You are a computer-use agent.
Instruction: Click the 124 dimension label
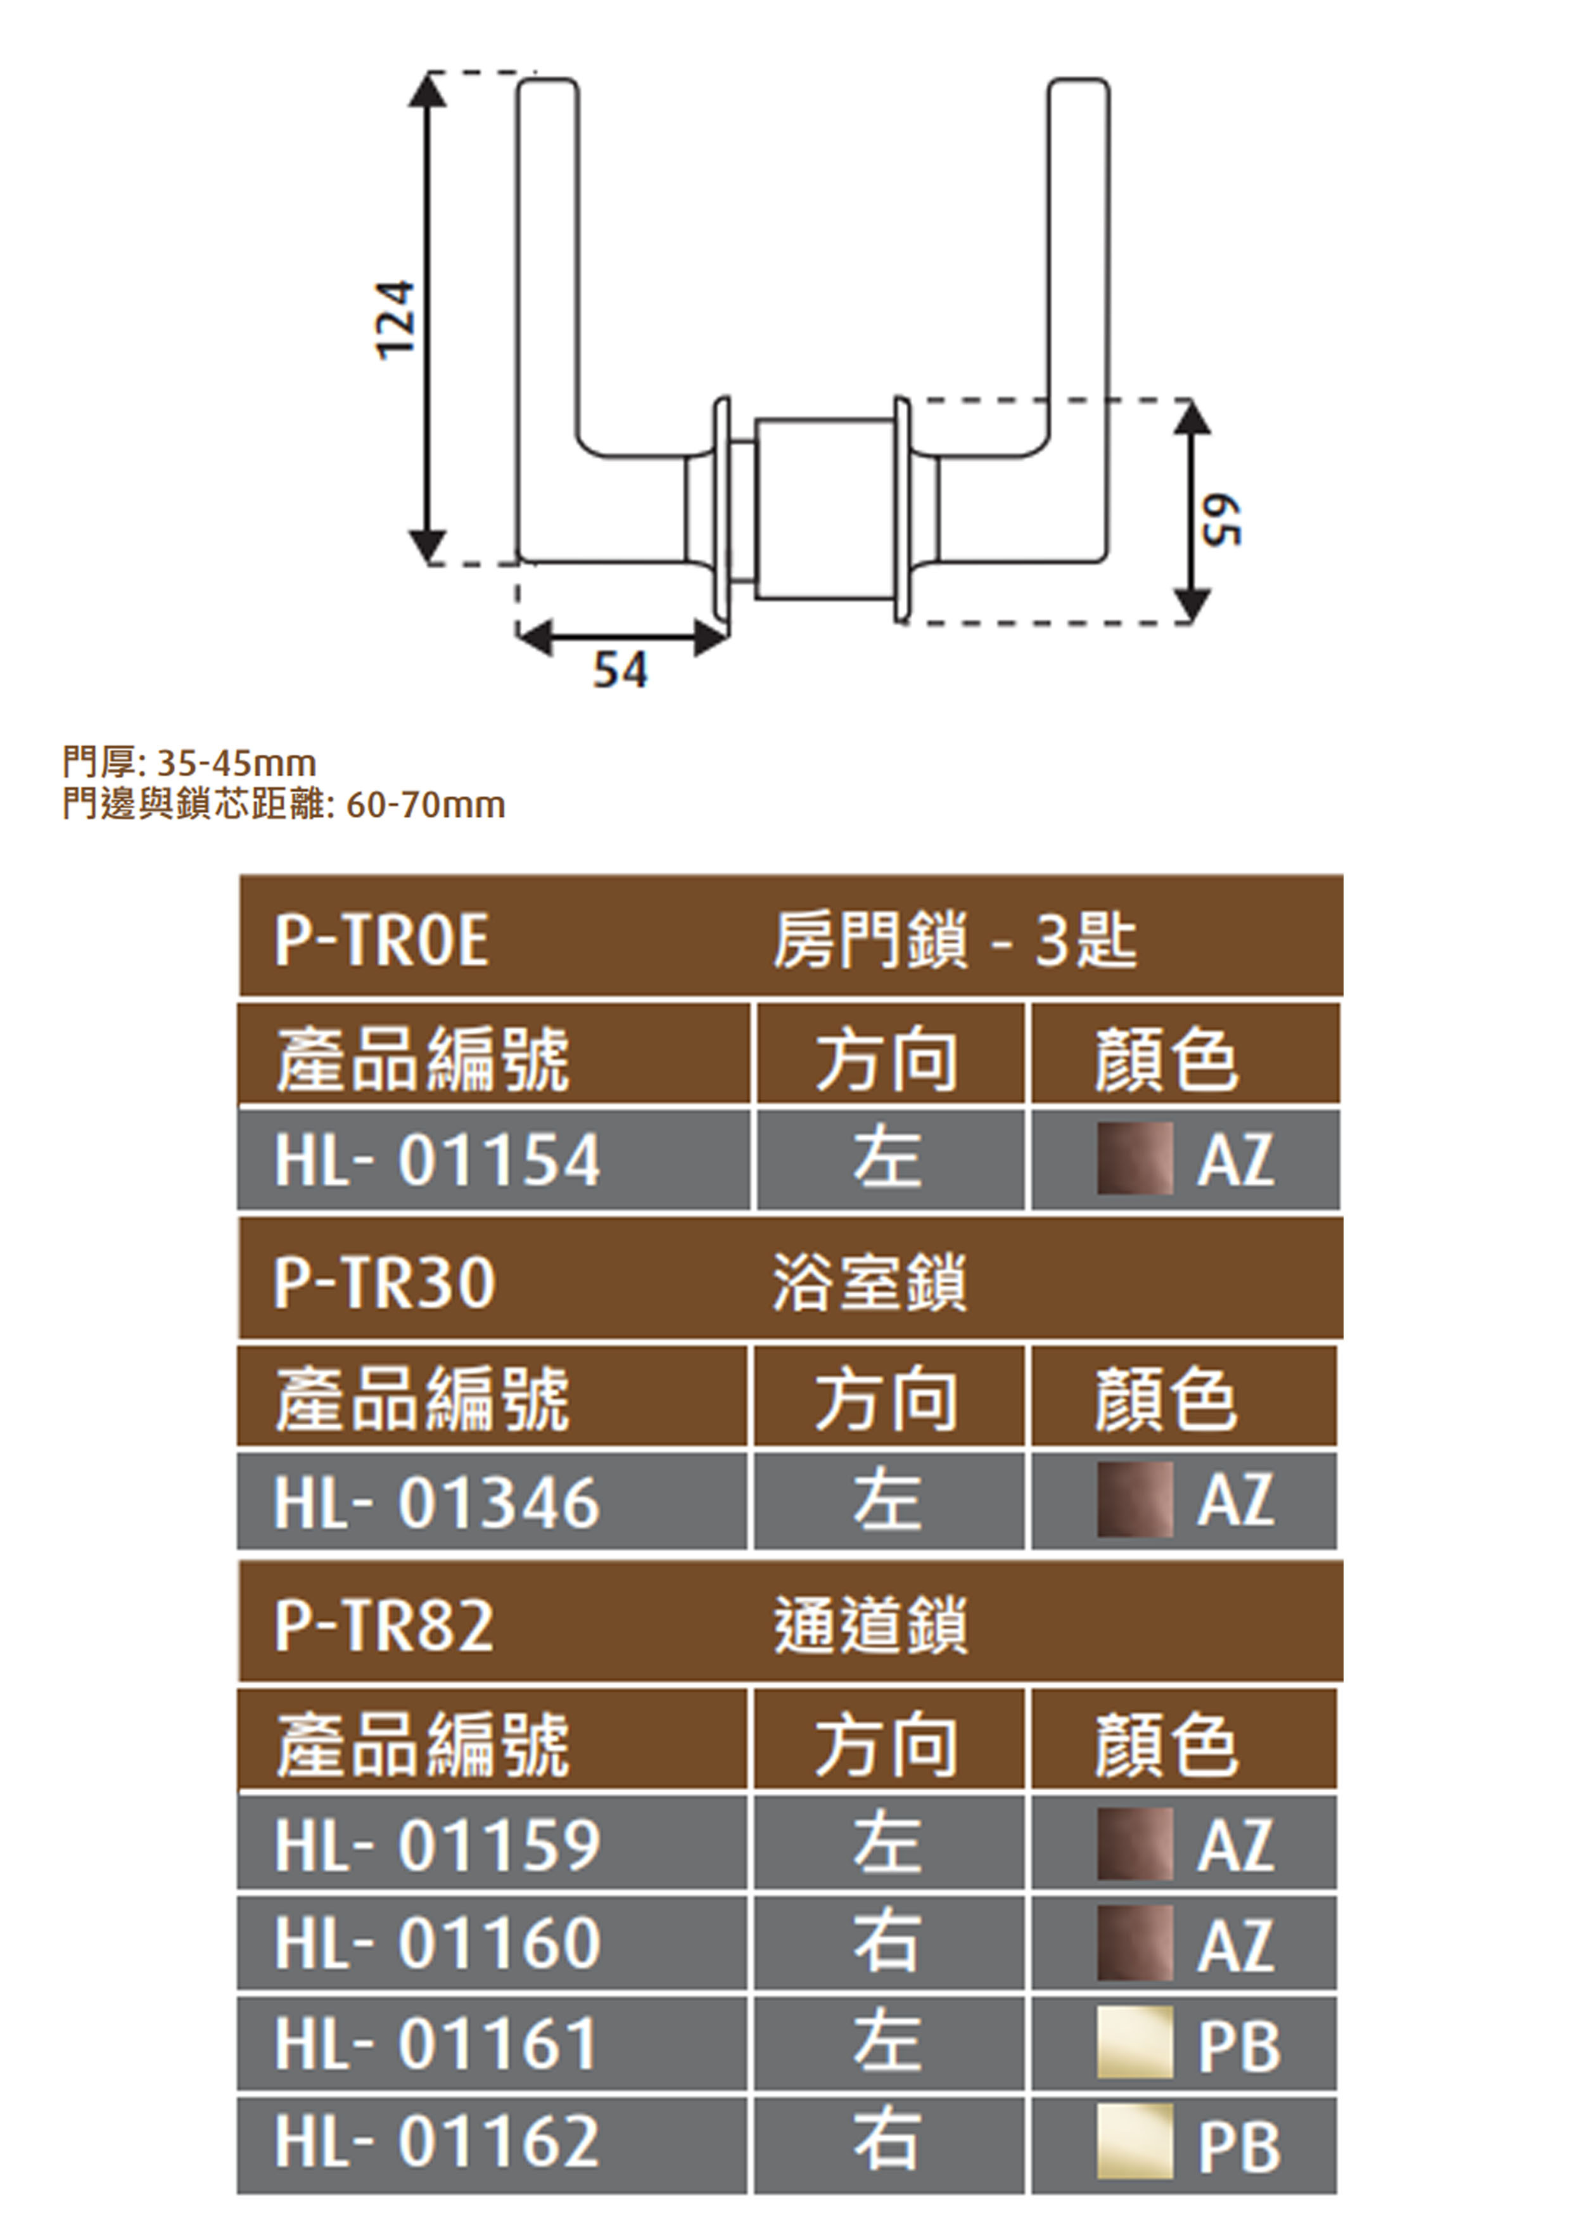396,321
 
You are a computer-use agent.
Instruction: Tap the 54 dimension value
620,670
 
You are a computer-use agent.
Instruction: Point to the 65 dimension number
1221,521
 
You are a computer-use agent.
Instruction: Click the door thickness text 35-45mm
236,763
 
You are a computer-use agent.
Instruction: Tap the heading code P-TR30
385,1283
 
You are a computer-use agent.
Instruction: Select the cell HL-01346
438,1502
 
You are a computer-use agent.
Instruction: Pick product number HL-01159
438,1845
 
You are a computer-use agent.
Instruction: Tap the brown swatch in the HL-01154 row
1135,1159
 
